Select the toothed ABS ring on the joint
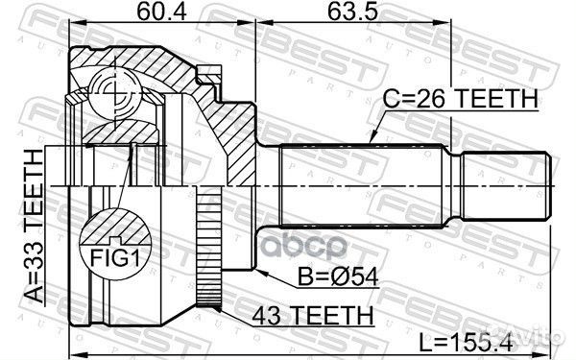click(x=204, y=246)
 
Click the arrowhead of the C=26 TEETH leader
click(x=371, y=144)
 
